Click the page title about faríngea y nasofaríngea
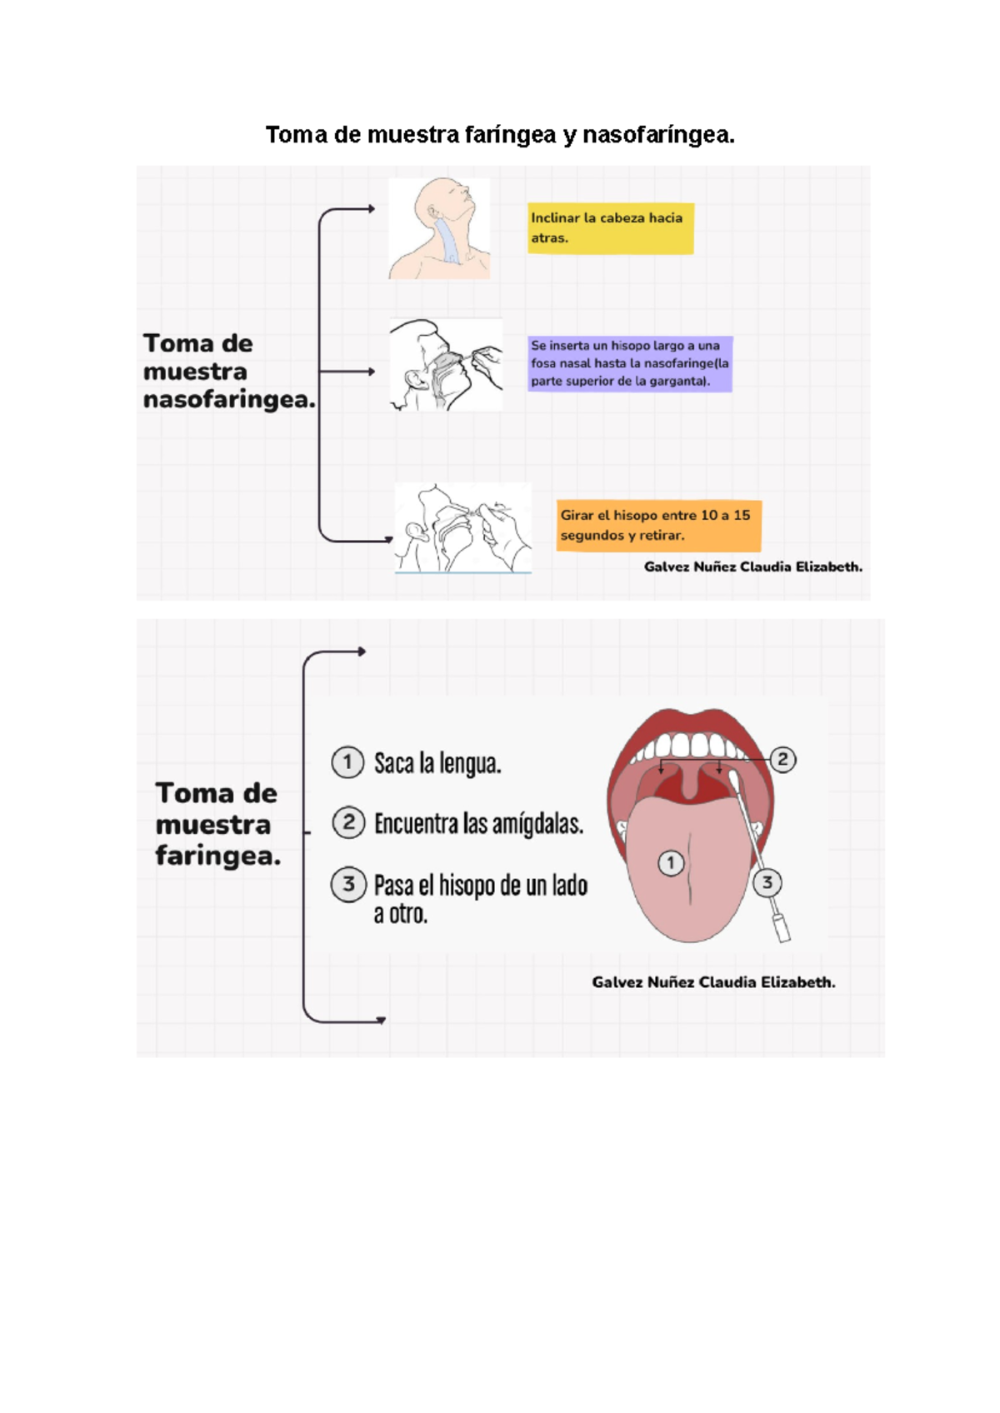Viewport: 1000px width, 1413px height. [500, 135]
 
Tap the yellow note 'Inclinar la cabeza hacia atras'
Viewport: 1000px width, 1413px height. [610, 228]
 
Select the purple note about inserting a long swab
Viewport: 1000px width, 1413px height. [630, 364]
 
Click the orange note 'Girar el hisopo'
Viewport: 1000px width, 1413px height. [658, 526]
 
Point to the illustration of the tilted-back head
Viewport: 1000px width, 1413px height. [439, 228]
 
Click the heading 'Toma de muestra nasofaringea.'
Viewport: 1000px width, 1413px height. [229, 372]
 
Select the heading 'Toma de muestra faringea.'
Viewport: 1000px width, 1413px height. [217, 824]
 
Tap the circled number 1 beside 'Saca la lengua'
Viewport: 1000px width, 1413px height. [347, 762]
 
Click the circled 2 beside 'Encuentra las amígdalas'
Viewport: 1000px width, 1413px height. [348, 822]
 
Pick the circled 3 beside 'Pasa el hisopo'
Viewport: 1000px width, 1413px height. [348, 885]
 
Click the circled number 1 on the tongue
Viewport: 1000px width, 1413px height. [671, 862]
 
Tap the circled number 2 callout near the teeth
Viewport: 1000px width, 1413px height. [782, 759]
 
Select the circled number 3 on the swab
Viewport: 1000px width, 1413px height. [767, 881]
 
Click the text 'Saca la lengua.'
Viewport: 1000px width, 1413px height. [437, 763]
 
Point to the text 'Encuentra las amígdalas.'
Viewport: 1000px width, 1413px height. [479, 824]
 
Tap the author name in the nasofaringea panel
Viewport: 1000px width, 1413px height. [752, 567]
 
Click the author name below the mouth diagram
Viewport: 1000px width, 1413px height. [713, 982]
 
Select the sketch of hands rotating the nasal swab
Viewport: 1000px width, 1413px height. [463, 528]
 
